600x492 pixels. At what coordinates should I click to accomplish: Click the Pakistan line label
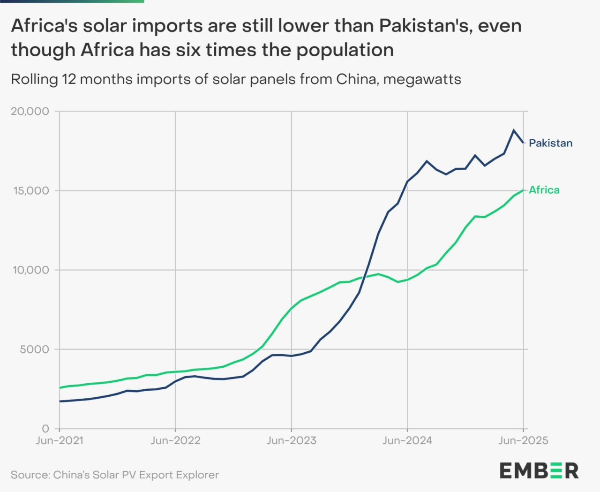click(x=550, y=143)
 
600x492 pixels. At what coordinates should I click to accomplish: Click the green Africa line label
click(x=544, y=190)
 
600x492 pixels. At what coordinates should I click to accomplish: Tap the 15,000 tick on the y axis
click(x=30, y=190)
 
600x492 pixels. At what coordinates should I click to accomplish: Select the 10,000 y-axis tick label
click(x=30, y=270)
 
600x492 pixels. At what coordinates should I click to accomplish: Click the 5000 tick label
click(x=34, y=349)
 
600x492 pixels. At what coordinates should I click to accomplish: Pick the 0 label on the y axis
click(x=45, y=428)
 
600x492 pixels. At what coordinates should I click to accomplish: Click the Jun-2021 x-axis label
click(x=60, y=441)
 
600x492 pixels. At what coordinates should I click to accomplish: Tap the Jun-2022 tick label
click(x=175, y=441)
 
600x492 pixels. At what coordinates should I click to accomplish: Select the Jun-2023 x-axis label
click(x=291, y=441)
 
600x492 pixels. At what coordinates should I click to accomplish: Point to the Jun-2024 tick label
click(x=407, y=441)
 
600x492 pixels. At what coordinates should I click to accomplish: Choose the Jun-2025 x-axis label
click(x=523, y=441)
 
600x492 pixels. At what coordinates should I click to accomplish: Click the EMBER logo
click(x=539, y=470)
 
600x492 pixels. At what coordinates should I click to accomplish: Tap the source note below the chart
click(x=115, y=475)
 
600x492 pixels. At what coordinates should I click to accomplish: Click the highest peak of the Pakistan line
click(x=514, y=130)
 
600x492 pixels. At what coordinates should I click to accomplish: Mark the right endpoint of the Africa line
click(x=523, y=190)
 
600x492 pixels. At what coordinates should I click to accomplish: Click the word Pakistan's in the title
click(x=424, y=26)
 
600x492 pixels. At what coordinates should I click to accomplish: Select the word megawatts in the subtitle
click(x=422, y=79)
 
